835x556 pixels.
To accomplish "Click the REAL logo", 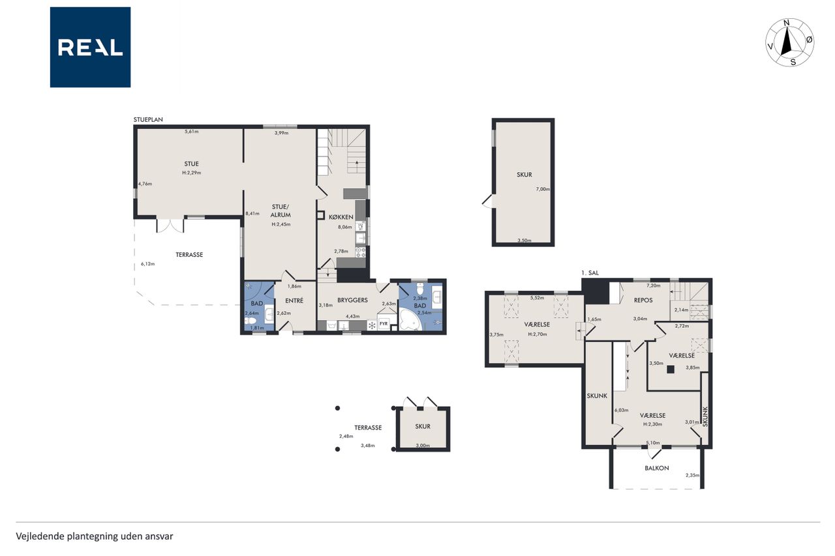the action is tap(90, 48).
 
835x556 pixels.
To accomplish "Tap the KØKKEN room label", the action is tap(341, 217).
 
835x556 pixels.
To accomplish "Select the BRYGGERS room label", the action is tap(352, 300).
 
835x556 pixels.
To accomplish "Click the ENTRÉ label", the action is tap(294, 300).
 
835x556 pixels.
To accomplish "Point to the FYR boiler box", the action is tap(384, 324).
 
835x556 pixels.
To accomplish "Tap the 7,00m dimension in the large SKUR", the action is tap(543, 189).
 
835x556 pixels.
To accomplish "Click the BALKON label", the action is tap(656, 468).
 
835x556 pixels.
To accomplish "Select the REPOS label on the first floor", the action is tap(643, 300).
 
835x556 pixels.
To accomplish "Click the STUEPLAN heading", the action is tap(148, 119).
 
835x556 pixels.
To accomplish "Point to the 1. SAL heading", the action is tap(590, 272).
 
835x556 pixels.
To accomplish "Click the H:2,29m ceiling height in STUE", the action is tap(192, 173).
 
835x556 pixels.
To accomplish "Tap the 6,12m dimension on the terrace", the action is tap(147, 264).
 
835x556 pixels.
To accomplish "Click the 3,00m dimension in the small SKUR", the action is tap(423, 445).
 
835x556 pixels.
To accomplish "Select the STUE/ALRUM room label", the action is tap(281, 211).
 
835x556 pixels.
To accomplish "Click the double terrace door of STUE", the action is tap(170, 226).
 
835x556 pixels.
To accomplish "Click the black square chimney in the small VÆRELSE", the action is tap(671, 369).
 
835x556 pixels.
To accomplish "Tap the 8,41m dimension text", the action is tap(252, 213).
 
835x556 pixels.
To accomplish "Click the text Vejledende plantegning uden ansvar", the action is tap(95, 536).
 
